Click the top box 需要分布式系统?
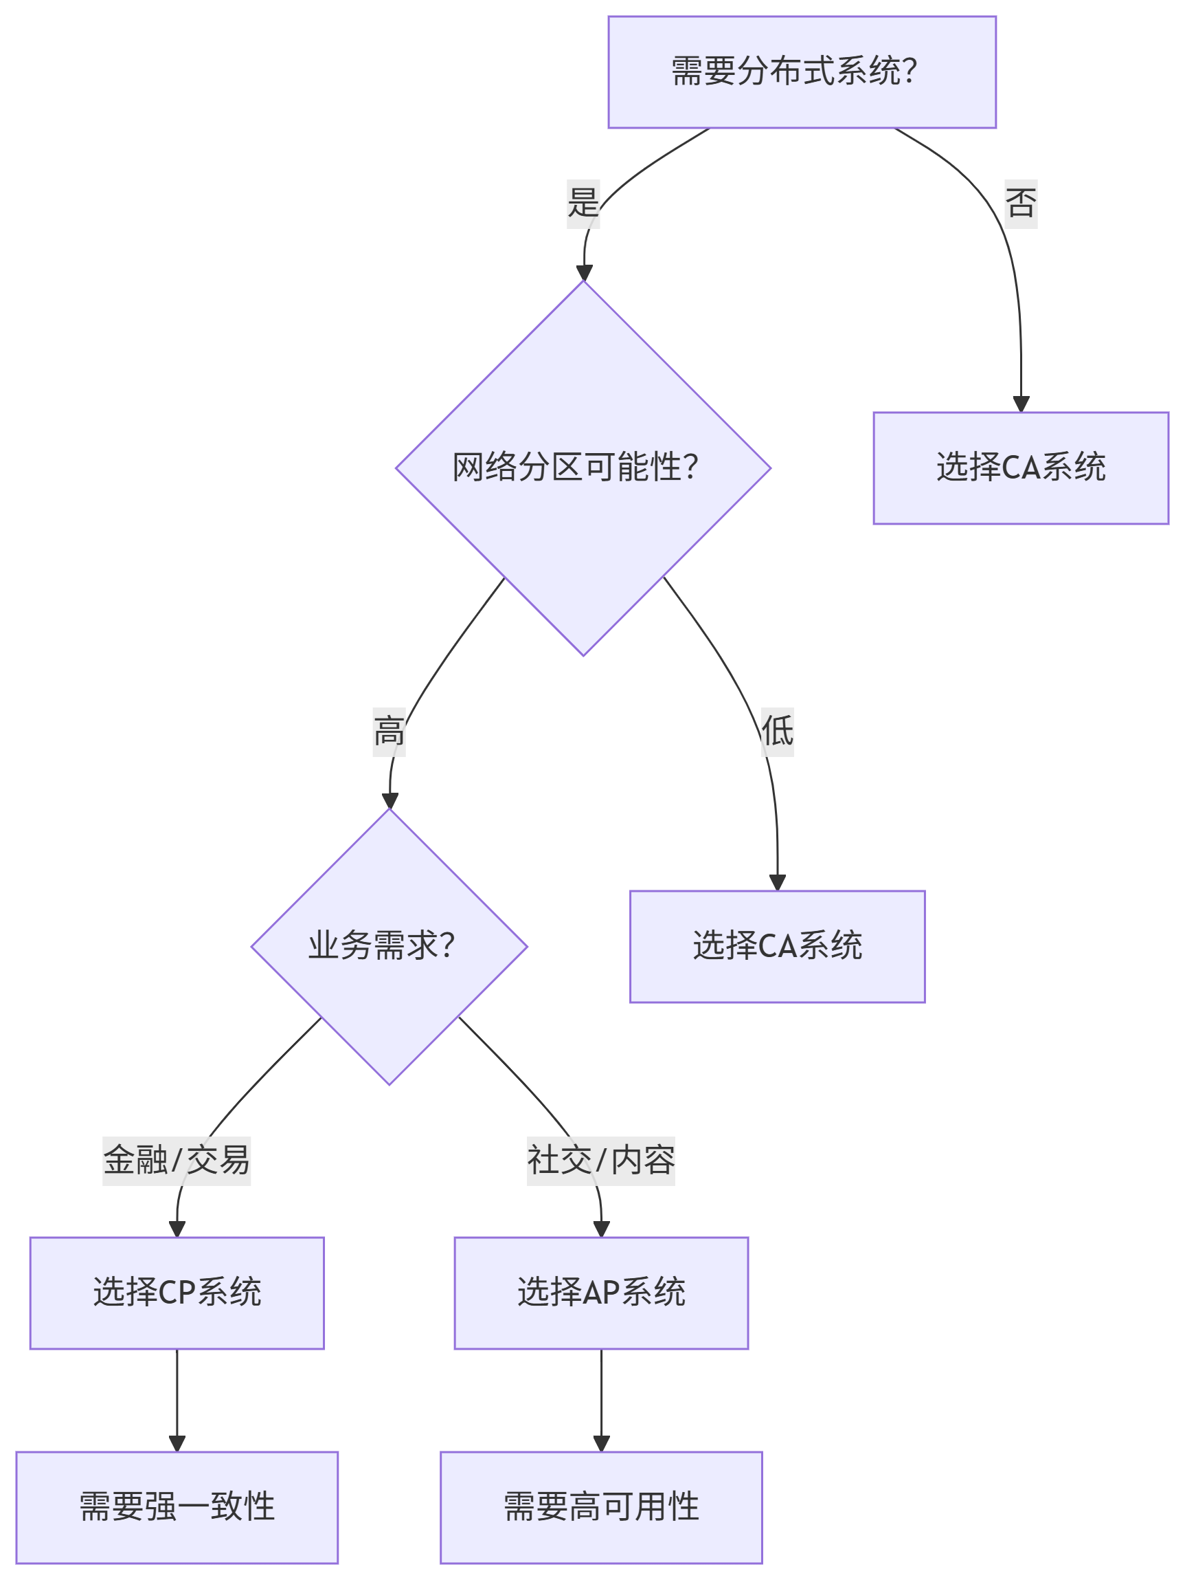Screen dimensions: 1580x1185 pyautogui.click(x=802, y=72)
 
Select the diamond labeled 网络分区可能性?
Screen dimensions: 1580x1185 pyautogui.click(x=583, y=468)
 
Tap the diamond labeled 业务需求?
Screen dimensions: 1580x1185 pyautogui.click(x=389, y=947)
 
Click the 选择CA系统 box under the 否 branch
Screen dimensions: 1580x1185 pyautogui.click(x=1021, y=468)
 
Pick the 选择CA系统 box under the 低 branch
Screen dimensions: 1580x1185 pyautogui.click(x=778, y=947)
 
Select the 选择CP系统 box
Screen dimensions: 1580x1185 pyautogui.click(x=177, y=1293)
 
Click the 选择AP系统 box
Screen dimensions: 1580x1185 pyautogui.click(x=601, y=1293)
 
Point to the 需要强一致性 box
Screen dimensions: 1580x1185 pyautogui.click(x=177, y=1507)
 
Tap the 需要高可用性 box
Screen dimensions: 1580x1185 pyautogui.click(x=601, y=1507)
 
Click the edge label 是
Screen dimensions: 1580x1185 pyautogui.click(x=583, y=204)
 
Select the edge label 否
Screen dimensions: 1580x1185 pyautogui.click(x=1021, y=204)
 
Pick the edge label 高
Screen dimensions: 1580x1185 pyautogui.click(x=389, y=732)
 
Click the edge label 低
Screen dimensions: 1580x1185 pyautogui.click(x=778, y=732)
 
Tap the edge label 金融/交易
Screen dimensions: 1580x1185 pyautogui.click(x=177, y=1161)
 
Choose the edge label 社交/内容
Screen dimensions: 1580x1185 pyautogui.click(x=601, y=1161)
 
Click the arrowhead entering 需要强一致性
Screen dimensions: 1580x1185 pyautogui.click(x=177, y=1444)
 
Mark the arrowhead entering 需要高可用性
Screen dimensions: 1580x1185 pyautogui.click(x=601, y=1444)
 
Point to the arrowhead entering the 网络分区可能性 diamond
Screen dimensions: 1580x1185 pyautogui.click(x=584, y=273)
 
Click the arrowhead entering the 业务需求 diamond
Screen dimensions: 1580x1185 pyautogui.click(x=390, y=800)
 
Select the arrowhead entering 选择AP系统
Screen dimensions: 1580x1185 pyautogui.click(x=601, y=1229)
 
